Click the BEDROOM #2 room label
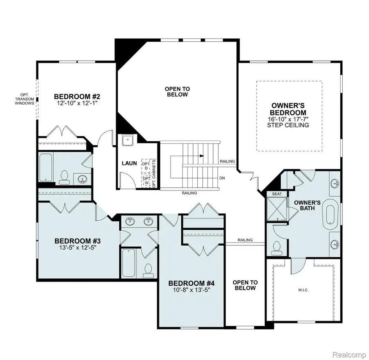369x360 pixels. (x=77, y=96)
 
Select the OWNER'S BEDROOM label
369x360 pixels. (x=289, y=109)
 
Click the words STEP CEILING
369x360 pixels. (x=289, y=125)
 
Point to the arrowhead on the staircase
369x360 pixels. (x=201, y=156)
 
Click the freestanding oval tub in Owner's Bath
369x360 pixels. (x=330, y=215)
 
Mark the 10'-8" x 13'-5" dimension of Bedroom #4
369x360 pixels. (x=192, y=290)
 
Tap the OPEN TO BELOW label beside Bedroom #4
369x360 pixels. (x=245, y=285)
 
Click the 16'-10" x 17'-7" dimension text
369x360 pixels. (x=289, y=119)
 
